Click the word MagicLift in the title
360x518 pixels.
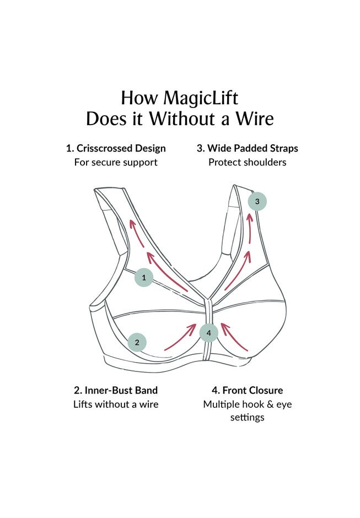201,98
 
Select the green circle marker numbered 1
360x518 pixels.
144,278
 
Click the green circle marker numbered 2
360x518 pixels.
137,342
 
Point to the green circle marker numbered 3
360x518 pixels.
257,201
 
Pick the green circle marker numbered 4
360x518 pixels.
209,333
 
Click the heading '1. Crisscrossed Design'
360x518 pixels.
116,148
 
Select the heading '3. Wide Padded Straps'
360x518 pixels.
247,148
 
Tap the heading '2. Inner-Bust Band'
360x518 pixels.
116,390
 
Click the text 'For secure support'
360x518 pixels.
116,162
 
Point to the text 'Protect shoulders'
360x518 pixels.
247,162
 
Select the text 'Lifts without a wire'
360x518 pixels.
116,404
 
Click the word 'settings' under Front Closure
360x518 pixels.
247,417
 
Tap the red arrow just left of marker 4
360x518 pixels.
181,337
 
